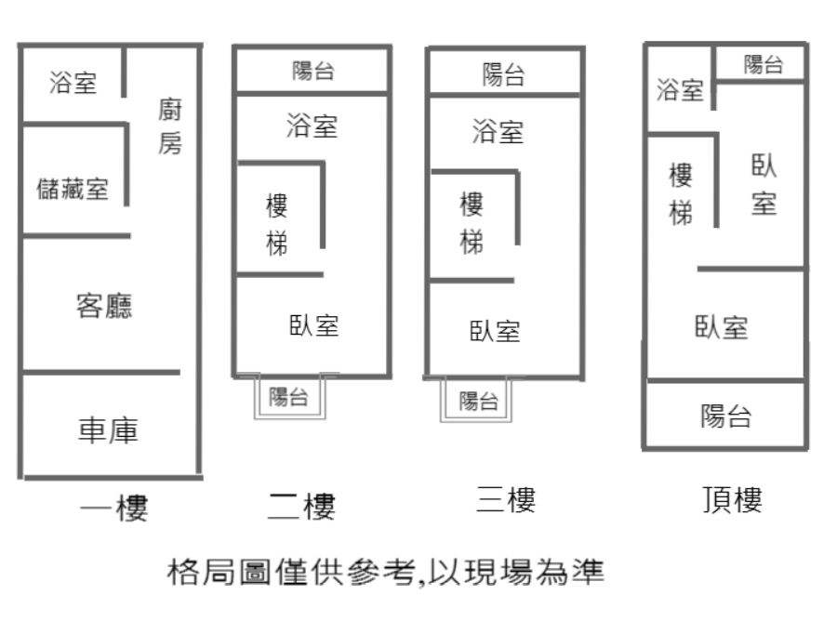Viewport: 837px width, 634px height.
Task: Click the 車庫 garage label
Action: click(109, 430)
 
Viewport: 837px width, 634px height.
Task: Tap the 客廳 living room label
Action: click(104, 306)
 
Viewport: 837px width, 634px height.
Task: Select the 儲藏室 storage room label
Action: click(73, 189)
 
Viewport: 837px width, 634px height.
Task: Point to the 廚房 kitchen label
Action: click(170, 125)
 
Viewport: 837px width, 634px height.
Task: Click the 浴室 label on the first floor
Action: click(73, 83)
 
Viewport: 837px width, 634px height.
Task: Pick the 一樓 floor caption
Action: click(113, 508)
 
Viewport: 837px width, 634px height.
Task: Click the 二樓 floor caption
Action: click(301, 506)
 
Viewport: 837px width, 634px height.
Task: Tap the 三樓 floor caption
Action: click(506, 499)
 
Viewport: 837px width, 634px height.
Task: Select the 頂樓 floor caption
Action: click(733, 499)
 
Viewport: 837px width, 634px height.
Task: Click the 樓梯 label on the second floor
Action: click(277, 225)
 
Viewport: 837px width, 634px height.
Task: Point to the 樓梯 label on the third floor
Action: click(472, 223)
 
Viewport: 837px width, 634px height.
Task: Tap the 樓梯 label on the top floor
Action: click(681, 194)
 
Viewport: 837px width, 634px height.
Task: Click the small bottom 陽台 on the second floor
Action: click(288, 397)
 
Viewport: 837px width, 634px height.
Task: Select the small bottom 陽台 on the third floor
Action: click(479, 401)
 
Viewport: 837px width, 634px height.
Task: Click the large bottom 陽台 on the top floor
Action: click(726, 416)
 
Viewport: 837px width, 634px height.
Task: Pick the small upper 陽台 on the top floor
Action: click(764, 64)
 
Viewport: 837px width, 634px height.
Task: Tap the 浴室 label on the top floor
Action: click(680, 89)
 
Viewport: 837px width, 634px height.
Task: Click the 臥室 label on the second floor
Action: click(314, 325)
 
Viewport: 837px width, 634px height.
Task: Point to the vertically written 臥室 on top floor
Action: click(764, 185)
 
